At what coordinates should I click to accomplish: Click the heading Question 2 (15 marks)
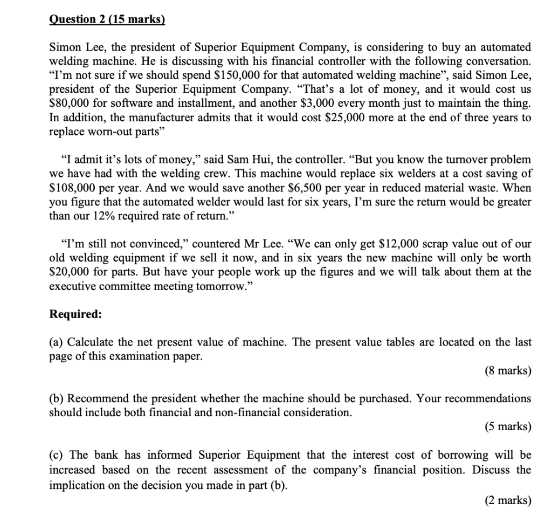point(107,20)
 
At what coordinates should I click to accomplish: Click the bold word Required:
point(75,314)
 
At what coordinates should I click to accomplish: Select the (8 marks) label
point(507,370)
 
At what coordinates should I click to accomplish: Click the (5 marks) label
point(507,426)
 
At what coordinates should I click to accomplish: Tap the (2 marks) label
point(507,501)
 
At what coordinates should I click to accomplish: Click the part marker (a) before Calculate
point(57,342)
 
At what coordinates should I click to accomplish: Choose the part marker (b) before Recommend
point(57,398)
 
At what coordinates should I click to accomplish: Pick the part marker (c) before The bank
point(57,455)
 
